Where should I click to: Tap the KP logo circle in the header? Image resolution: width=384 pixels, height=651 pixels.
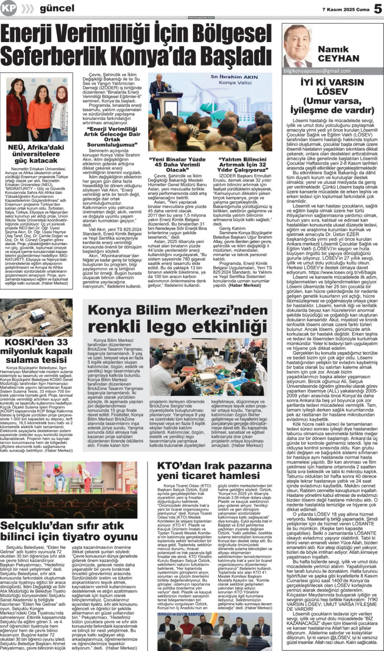[8, 8]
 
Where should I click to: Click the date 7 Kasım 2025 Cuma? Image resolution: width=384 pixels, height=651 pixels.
[346, 9]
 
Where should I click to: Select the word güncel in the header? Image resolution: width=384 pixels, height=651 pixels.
[57, 8]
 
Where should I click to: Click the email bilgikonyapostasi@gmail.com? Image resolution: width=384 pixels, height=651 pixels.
[317, 71]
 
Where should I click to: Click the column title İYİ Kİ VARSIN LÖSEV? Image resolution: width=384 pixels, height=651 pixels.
[332, 86]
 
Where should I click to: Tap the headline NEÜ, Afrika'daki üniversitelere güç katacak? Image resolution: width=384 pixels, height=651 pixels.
[37, 154]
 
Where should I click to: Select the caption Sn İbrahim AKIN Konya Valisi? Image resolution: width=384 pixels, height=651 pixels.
[234, 80]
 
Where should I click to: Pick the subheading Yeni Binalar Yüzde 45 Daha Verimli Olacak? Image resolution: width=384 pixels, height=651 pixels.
[177, 165]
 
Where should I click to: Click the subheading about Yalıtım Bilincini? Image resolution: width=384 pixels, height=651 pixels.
[242, 165]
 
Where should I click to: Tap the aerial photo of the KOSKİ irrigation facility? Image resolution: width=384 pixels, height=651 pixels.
[36, 317]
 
